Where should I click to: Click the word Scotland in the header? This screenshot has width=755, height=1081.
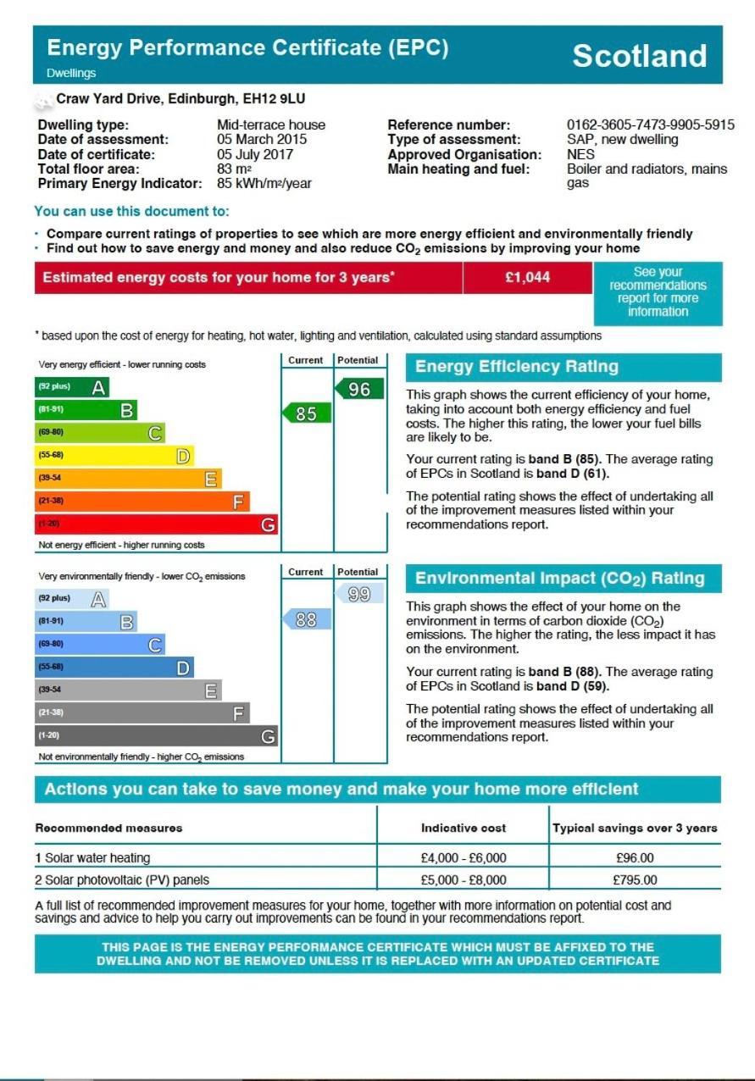click(639, 56)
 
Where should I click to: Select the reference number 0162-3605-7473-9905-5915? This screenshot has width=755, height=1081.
click(650, 125)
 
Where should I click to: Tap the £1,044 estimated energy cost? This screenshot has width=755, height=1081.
click(527, 278)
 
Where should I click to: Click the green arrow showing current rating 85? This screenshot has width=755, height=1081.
click(306, 413)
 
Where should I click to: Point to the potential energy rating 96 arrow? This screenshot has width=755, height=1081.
click(359, 390)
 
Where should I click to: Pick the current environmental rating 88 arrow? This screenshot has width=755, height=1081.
click(306, 620)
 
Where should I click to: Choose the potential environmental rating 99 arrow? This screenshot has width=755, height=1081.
click(359, 595)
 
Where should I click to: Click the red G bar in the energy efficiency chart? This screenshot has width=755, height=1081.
click(156, 524)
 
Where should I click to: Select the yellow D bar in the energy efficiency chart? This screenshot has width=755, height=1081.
click(114, 456)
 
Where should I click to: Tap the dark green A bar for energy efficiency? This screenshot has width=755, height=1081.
click(72, 387)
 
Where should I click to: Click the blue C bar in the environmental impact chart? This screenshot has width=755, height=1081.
click(100, 645)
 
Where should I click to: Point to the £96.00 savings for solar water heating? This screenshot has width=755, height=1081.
click(635, 858)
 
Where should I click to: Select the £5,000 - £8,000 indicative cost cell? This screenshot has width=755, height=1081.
click(464, 880)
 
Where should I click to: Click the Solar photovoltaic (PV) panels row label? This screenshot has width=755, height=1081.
click(122, 880)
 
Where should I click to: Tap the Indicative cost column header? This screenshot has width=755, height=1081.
click(464, 828)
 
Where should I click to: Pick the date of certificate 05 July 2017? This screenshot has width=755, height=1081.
click(255, 154)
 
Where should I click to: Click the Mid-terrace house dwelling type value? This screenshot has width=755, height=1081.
click(271, 125)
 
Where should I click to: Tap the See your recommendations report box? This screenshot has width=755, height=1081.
click(658, 292)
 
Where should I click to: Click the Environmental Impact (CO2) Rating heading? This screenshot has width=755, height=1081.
click(560, 579)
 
